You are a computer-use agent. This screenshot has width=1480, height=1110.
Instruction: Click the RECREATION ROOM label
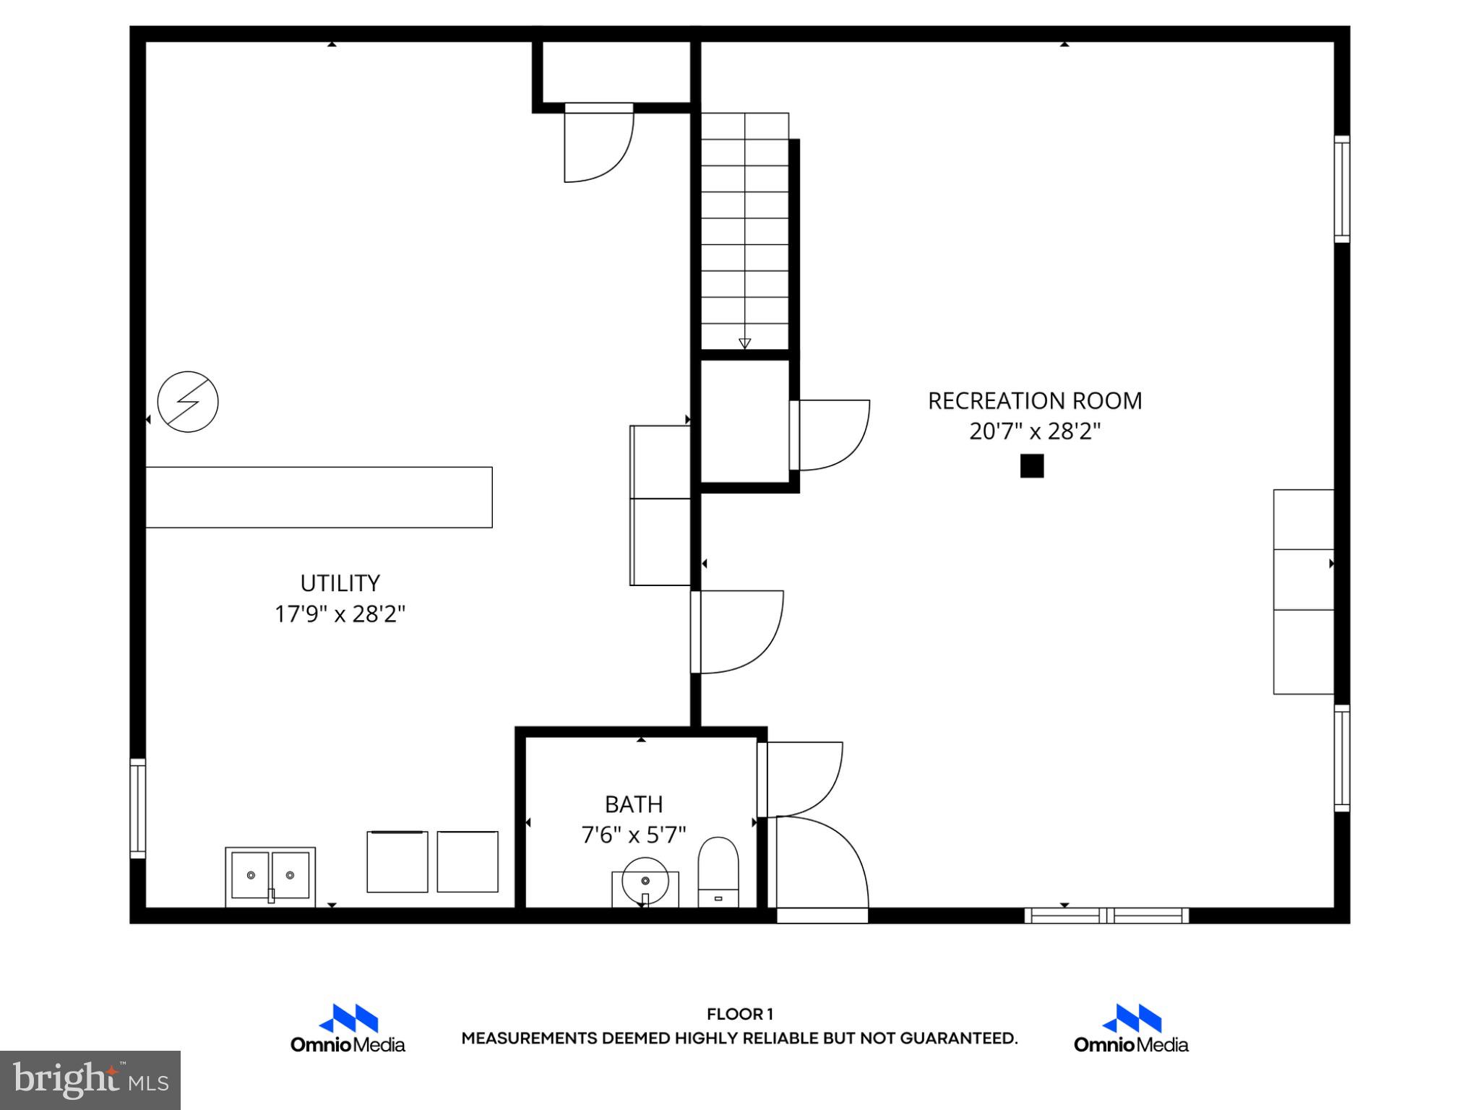click(1034, 400)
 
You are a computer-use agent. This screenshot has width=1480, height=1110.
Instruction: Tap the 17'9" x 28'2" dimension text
click(340, 614)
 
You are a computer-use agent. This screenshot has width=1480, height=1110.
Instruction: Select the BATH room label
click(634, 804)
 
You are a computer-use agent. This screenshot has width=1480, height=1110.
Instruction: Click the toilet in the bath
click(718, 872)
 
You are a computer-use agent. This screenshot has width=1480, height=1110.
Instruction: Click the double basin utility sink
click(270, 875)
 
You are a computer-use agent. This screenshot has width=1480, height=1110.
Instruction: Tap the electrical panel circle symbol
click(188, 402)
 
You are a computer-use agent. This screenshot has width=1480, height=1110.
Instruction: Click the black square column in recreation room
click(1031, 466)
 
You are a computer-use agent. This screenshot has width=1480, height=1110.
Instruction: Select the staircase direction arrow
click(744, 343)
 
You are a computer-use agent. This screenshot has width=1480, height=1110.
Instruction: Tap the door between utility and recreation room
click(737, 632)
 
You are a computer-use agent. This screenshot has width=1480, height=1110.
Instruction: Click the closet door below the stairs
click(831, 435)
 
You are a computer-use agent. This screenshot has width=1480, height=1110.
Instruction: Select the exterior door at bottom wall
click(822, 916)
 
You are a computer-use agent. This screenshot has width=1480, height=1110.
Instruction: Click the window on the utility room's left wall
click(137, 808)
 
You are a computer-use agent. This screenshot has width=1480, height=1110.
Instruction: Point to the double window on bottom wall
click(1106, 916)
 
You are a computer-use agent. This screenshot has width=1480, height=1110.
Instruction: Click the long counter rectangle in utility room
click(319, 497)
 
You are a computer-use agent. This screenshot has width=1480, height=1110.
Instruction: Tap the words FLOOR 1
click(739, 1014)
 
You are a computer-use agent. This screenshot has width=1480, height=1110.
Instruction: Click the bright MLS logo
click(90, 1080)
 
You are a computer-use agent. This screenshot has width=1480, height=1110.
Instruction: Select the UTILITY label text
click(340, 582)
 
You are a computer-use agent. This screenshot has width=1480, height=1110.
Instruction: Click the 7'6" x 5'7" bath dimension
click(634, 835)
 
